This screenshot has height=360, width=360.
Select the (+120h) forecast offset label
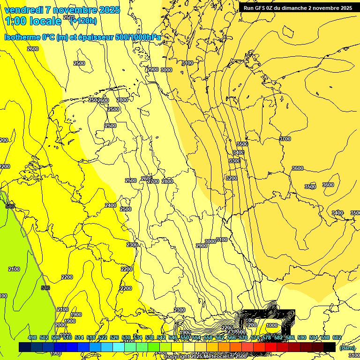coord(83,21)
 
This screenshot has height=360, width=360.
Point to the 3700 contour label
coord(285,139)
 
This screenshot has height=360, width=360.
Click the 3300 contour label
coord(235,161)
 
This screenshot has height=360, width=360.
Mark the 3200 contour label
coord(232,178)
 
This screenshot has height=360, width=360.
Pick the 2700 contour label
coord(153,181)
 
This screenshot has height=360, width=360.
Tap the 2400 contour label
coord(111,205)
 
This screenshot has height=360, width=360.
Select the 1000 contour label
coord(272,325)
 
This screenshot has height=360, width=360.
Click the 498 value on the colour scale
coord(32,337)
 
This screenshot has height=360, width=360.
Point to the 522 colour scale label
coord(103,337)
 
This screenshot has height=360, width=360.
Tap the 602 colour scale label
coord(337,337)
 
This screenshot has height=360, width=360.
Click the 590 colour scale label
coord(302,337)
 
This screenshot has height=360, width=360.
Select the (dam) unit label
coord(347,347)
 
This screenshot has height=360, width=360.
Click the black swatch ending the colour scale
coord(330,347)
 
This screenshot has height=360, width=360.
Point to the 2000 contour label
coord(60,325)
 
